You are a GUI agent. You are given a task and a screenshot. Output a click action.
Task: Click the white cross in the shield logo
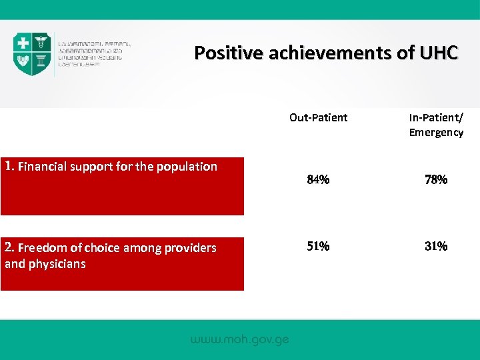tap(24, 43)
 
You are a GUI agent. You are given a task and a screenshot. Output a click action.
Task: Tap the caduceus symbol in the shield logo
tap(41, 43)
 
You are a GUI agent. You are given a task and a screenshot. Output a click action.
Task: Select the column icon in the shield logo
tap(41, 62)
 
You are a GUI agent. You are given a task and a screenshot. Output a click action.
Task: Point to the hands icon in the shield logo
tap(24, 61)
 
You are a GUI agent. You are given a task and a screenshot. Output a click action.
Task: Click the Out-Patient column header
tap(318, 117)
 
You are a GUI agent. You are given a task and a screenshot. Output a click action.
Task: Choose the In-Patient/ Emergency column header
tap(436, 125)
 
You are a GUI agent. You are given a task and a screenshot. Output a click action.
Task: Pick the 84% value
tap(318, 179)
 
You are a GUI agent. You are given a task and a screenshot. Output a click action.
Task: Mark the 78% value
tap(436, 179)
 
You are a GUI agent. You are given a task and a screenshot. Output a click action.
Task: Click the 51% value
tap(318, 246)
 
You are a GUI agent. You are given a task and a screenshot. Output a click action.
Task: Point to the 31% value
tap(436, 246)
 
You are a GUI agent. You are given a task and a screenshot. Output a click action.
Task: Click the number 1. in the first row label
tap(9, 166)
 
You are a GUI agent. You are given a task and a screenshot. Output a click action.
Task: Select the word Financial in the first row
tap(43, 167)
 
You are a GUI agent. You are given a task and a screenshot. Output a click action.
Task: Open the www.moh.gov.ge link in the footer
tap(239, 339)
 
